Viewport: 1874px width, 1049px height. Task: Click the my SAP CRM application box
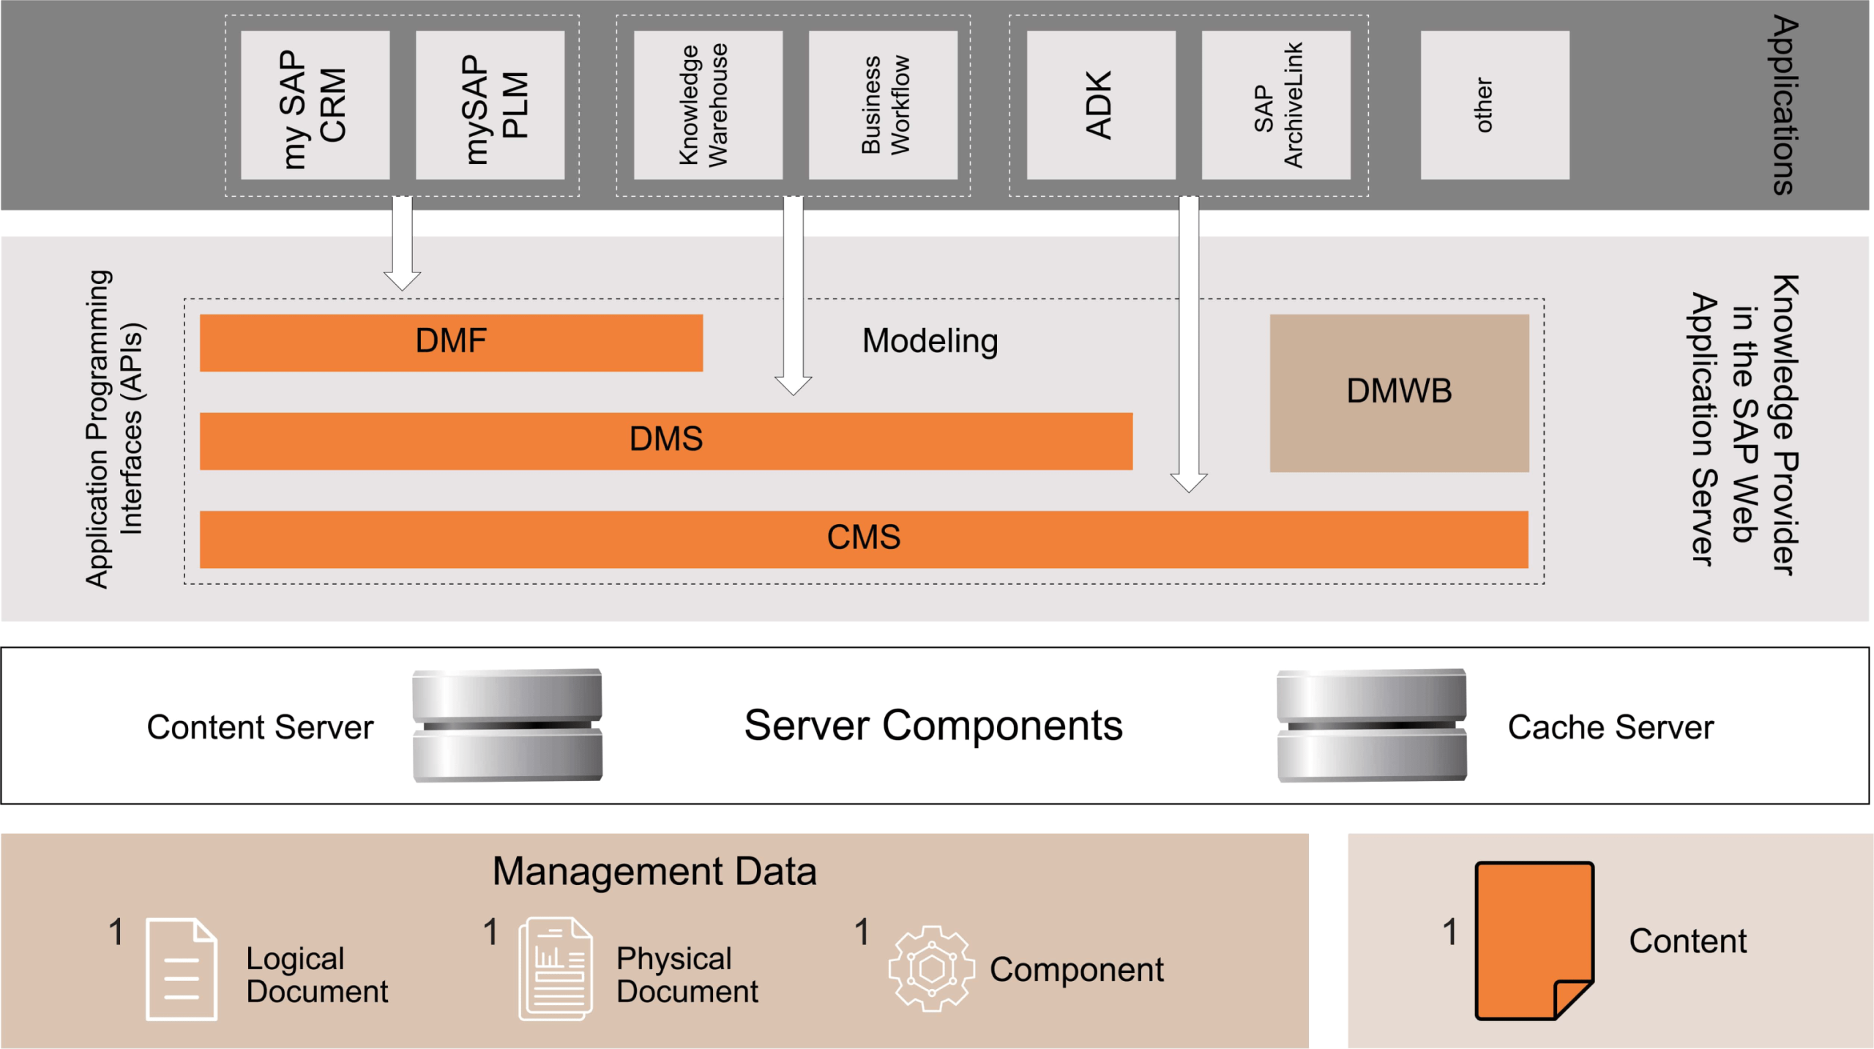[x=315, y=105]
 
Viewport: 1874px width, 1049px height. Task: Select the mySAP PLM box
[x=490, y=105]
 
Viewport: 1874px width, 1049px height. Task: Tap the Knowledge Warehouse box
[x=708, y=105]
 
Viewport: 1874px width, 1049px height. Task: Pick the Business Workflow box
[x=883, y=105]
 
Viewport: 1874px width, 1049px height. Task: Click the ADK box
[x=1101, y=105]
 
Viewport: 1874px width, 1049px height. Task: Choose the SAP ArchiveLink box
[x=1276, y=105]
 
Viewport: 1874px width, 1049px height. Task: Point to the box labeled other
[x=1495, y=105]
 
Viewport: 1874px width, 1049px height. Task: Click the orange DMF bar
[x=451, y=343]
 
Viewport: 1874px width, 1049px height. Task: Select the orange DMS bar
[x=665, y=441]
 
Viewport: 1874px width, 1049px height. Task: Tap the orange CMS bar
[x=864, y=539]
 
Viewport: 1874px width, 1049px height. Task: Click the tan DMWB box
[x=1399, y=393]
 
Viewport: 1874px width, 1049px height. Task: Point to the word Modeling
[x=930, y=341]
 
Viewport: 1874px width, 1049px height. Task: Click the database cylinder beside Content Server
[x=507, y=725]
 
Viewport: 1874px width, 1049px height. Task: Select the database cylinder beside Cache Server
[x=1372, y=725]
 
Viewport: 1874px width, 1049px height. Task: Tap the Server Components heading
[x=933, y=725]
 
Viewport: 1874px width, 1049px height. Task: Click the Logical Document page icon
[x=182, y=968]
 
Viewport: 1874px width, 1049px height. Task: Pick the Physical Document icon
[x=556, y=968]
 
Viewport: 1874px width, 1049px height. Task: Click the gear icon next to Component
[x=931, y=968]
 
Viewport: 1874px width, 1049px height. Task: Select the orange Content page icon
[x=1534, y=941]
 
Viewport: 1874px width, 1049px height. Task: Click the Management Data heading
[x=654, y=871]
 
